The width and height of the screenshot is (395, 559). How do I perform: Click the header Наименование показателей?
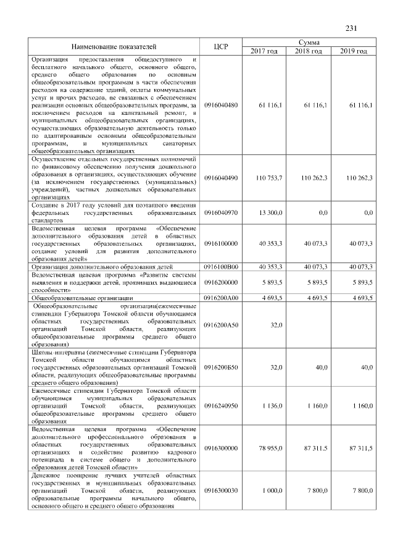tap(114, 46)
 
